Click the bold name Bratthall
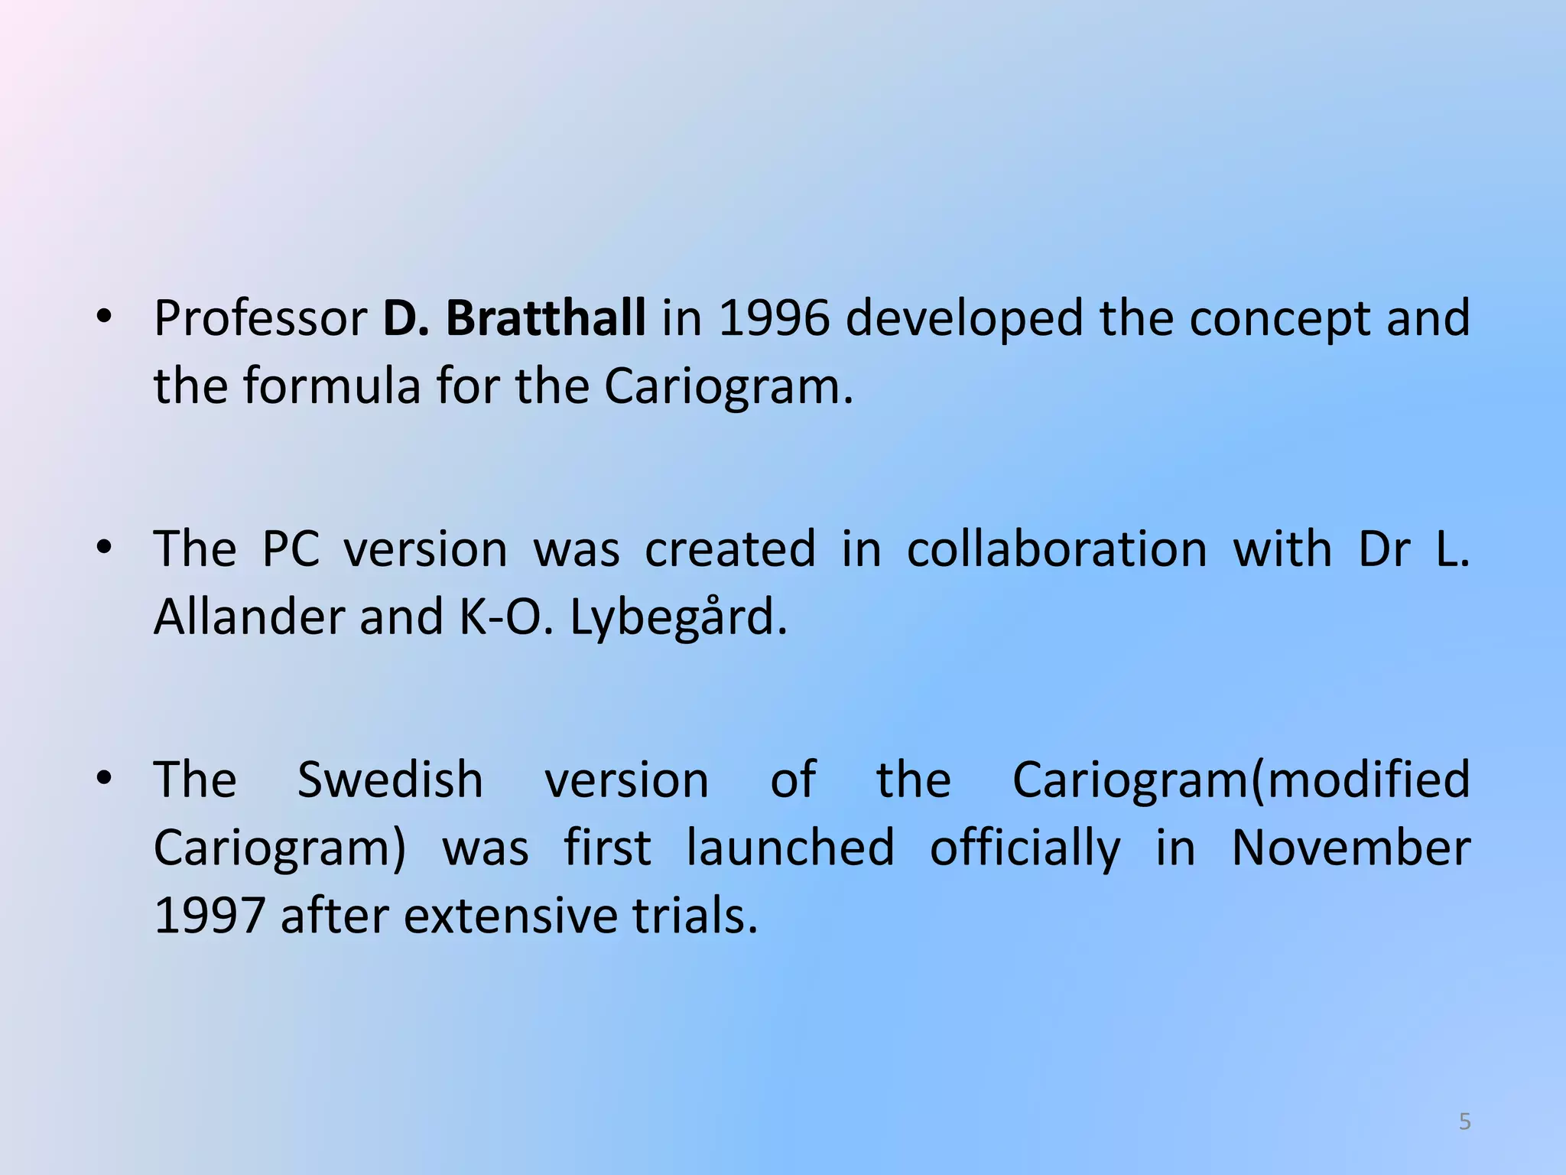(545, 318)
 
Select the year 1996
(774, 318)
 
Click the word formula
(332, 386)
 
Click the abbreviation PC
(291, 549)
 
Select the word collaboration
(1057, 549)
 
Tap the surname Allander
(249, 617)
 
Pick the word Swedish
(390, 780)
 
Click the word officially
(1025, 849)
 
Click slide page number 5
(1464, 1121)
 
